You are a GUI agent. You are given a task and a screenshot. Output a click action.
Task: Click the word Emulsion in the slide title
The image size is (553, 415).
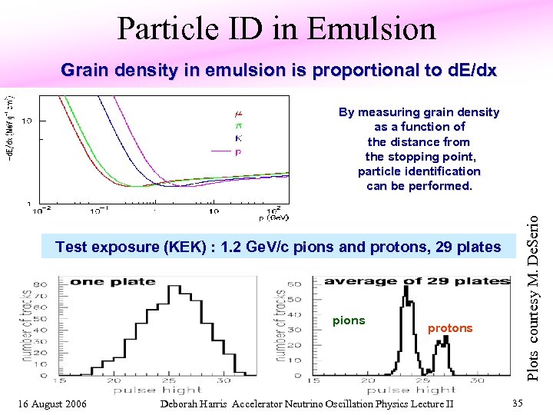[371, 29]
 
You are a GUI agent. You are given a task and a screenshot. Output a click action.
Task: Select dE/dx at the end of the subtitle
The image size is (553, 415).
[469, 71]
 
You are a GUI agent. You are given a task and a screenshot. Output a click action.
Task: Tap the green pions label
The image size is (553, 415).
[349, 320]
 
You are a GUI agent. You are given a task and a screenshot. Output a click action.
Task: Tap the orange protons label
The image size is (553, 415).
[450, 328]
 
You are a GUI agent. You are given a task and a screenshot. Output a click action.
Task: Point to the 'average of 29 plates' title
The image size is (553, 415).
[417, 281]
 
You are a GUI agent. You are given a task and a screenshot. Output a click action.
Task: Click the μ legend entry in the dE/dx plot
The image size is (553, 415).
[238, 114]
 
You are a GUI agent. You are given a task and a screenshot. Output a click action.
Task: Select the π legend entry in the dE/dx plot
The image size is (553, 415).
[238, 126]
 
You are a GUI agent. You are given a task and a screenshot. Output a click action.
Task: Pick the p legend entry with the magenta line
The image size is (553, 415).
[238, 151]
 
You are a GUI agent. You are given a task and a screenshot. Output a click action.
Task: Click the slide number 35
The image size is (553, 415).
[518, 403]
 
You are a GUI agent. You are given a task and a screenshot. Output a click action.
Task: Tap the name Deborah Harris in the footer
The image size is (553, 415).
[194, 404]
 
